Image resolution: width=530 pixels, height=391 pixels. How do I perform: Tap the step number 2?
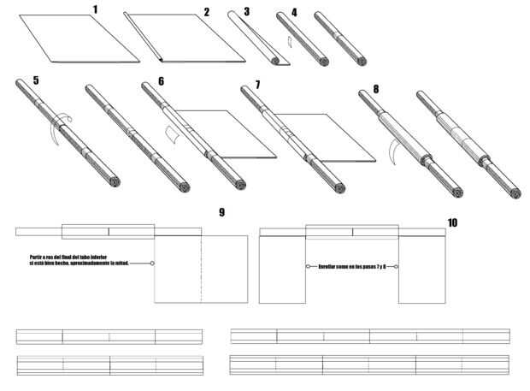(x=206, y=12)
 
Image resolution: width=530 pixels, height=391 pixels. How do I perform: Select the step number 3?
(x=246, y=12)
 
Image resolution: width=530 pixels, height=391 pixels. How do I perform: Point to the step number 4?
(x=294, y=13)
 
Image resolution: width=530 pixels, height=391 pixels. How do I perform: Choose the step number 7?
(x=256, y=86)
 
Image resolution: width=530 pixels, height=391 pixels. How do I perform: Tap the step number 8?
(x=376, y=87)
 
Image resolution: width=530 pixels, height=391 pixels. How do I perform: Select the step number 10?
(x=452, y=222)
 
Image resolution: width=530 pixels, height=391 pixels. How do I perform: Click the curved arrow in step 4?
(x=291, y=40)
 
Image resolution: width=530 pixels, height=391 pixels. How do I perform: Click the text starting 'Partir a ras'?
(x=79, y=260)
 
